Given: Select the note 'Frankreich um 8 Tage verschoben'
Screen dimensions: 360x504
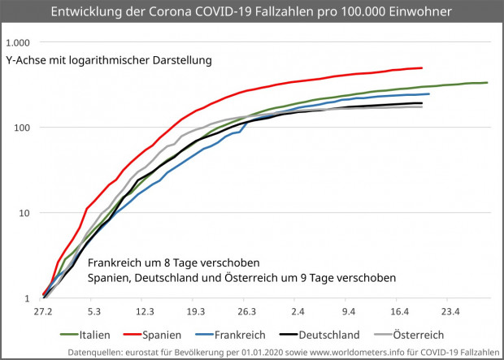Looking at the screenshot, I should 173,263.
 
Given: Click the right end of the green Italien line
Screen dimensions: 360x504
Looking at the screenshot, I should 486,82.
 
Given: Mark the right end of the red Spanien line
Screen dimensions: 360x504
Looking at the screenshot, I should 422,68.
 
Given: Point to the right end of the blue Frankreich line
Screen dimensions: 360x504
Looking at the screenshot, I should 428,94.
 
